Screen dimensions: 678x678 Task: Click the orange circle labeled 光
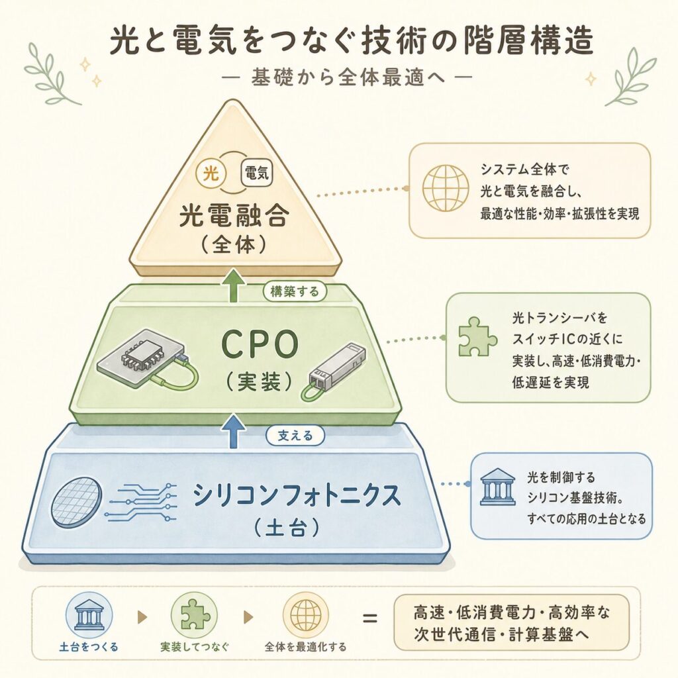click(x=211, y=174)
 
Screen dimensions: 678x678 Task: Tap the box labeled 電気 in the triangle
click(x=256, y=174)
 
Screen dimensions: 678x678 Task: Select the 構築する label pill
click(x=295, y=291)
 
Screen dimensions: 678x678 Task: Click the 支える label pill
click(x=295, y=436)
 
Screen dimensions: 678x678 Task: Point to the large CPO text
click(x=260, y=344)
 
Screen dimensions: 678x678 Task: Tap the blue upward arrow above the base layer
click(x=234, y=430)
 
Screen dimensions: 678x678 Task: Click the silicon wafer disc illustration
click(x=77, y=503)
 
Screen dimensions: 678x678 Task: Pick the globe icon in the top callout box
click(x=446, y=189)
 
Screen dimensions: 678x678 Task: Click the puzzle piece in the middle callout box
click(x=477, y=337)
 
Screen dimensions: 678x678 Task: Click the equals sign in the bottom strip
click(x=369, y=618)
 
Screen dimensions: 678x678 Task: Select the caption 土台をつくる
click(x=89, y=647)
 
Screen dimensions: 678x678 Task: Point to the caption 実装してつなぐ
click(x=194, y=647)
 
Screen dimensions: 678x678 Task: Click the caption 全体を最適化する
click(x=305, y=647)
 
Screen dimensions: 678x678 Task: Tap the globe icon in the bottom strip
click(x=306, y=616)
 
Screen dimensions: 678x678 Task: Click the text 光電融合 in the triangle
click(x=234, y=216)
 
